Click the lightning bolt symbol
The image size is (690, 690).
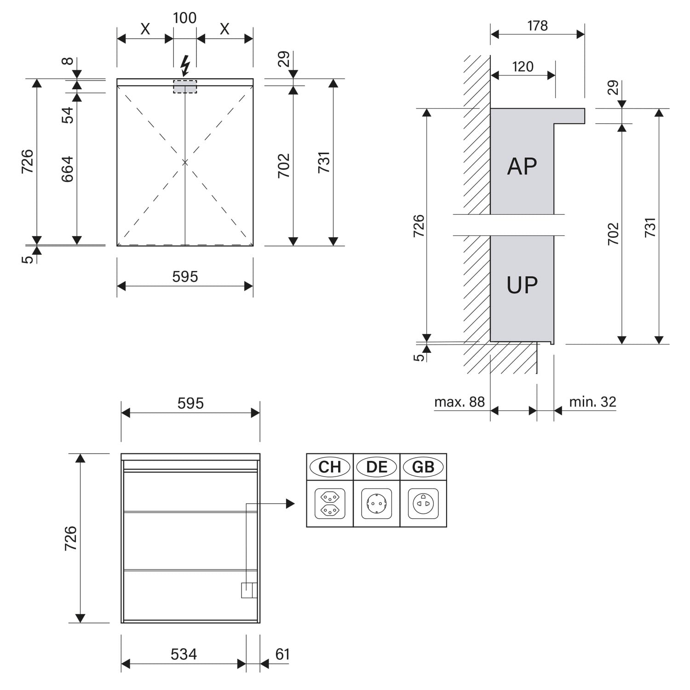185,65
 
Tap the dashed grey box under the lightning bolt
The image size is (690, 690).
185,86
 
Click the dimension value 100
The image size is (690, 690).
185,18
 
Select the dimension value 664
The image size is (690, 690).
68,169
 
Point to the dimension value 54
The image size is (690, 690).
68,115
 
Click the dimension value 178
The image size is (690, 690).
537,25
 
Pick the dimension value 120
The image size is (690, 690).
523,67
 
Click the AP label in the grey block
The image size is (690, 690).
522,166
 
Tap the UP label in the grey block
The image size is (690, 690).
522,285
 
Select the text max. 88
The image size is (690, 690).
460,402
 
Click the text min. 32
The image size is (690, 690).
592,402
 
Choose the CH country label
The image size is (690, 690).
330,467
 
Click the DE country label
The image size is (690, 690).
377,467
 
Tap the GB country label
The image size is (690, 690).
423,467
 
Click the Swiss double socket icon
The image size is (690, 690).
330,504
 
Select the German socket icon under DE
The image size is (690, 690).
377,504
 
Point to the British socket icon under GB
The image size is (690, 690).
423,504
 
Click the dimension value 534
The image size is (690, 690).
184,654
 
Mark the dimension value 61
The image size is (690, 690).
282,654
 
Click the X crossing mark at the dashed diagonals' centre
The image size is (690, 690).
185,162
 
